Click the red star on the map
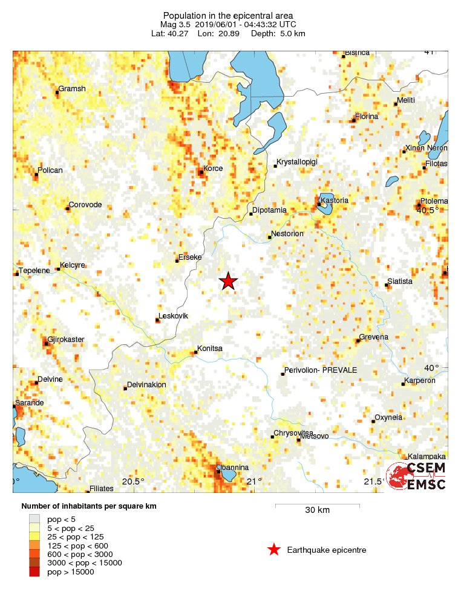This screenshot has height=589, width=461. tap(228, 281)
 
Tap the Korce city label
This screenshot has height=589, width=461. tap(213, 169)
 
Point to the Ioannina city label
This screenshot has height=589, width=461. tap(234, 468)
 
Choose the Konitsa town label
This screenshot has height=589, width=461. tap(209, 349)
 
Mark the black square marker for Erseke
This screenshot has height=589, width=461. tap(177, 261)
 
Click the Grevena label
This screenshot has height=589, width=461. tap(373, 336)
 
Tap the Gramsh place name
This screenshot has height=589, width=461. tap(72, 89)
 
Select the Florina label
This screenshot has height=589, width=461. tap(367, 116)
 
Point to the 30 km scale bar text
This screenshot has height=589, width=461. tap(317, 510)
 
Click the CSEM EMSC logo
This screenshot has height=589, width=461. tap(417, 476)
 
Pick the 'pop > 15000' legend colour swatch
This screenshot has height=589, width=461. tap(35, 572)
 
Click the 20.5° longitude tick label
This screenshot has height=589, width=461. tap(133, 481)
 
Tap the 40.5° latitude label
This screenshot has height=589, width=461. tap(428, 210)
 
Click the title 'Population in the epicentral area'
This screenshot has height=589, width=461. tap(228, 15)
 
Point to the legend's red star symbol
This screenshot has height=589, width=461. tap(273, 550)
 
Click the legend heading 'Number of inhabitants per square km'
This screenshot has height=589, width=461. tap(89, 506)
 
